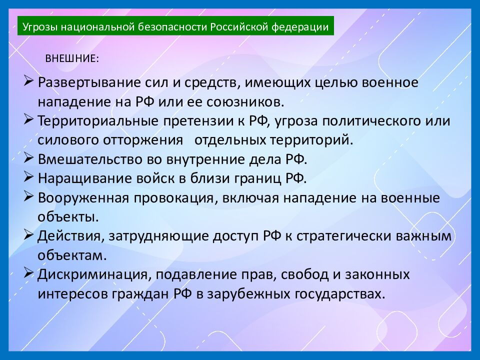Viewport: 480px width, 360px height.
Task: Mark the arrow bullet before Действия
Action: pos(28,234)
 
